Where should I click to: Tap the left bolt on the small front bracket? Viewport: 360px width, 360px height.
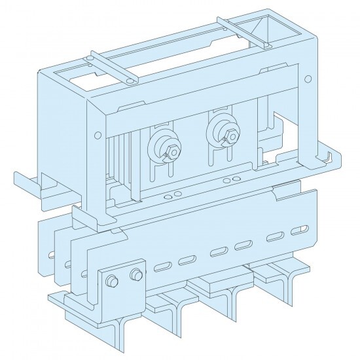click(111, 282)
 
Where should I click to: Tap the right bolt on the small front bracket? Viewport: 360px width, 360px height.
click(136, 274)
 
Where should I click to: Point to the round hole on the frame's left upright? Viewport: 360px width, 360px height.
click(97, 135)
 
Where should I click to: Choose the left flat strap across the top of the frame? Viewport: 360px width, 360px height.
click(111, 68)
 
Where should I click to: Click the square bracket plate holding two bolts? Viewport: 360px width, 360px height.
click(122, 285)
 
